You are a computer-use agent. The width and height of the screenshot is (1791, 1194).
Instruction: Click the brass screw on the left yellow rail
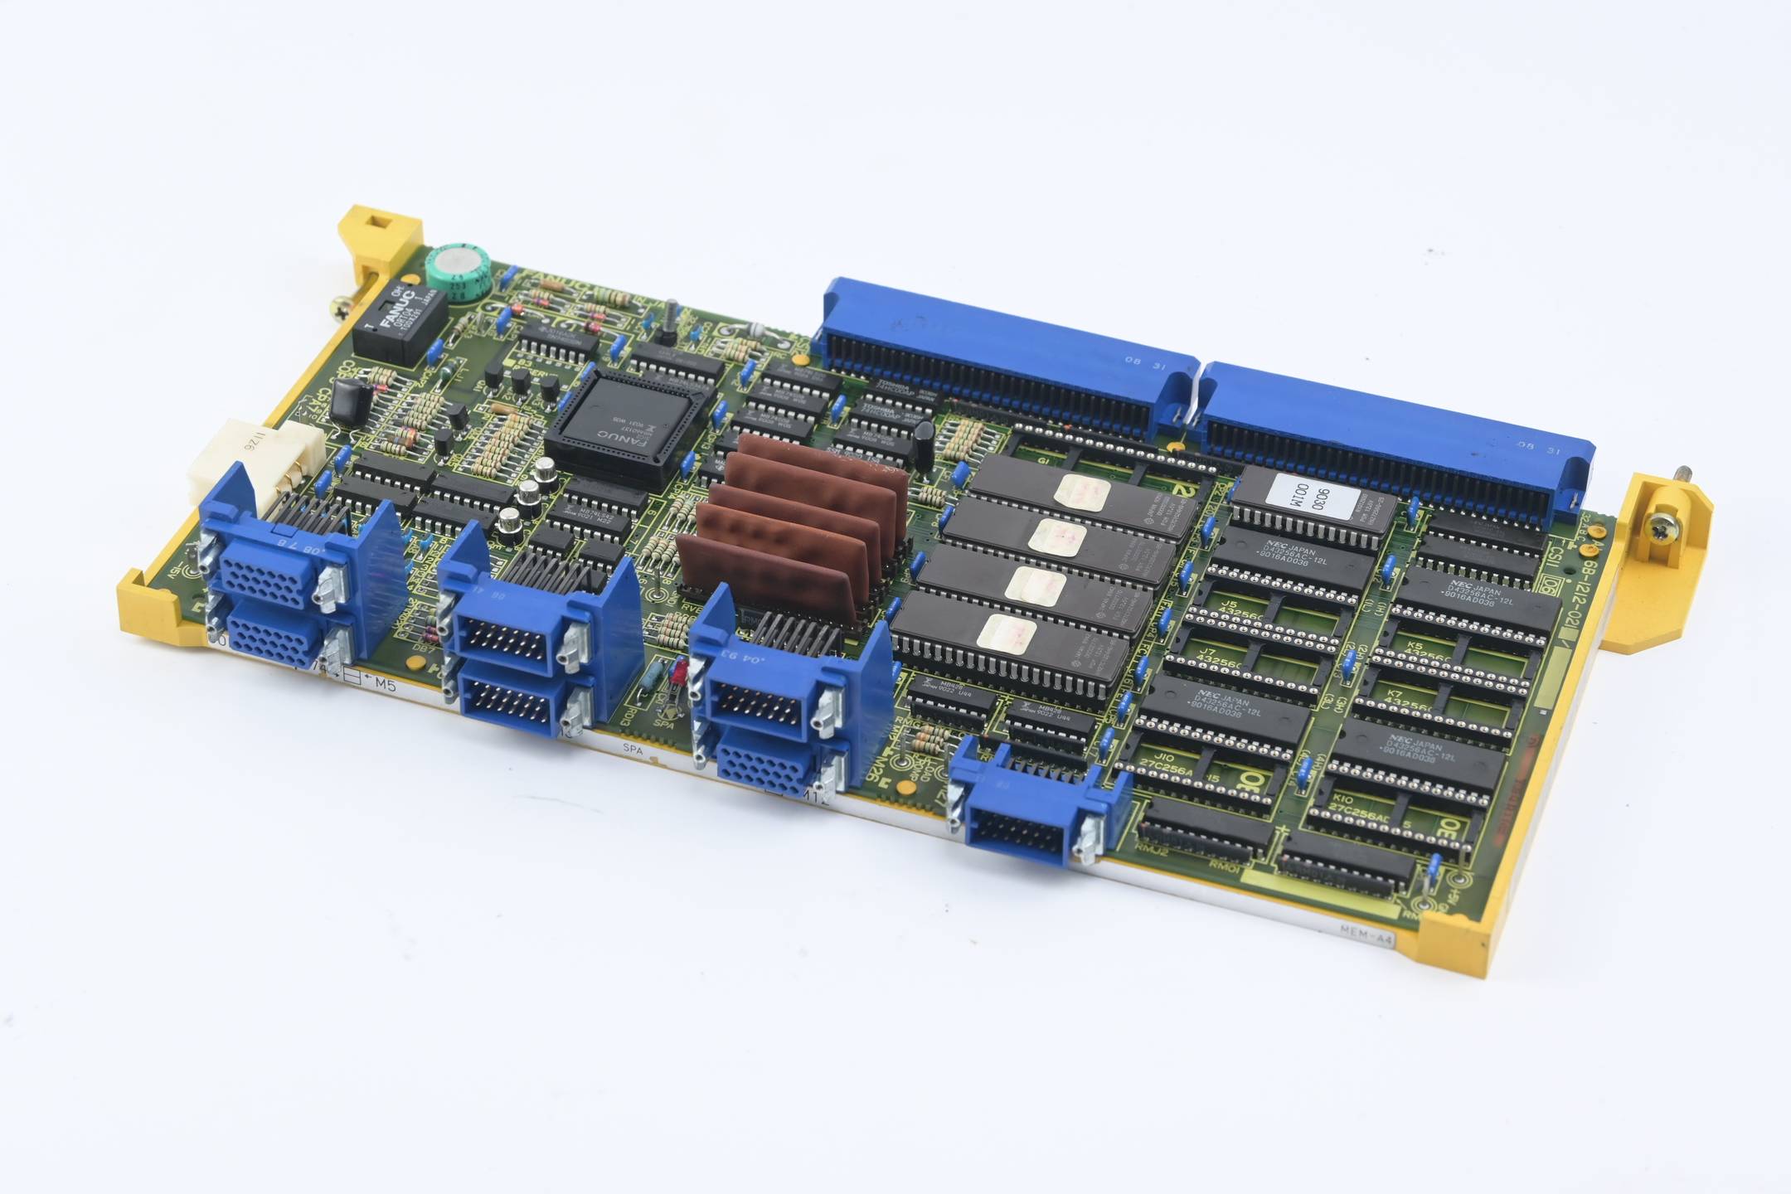pyautogui.click(x=342, y=309)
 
